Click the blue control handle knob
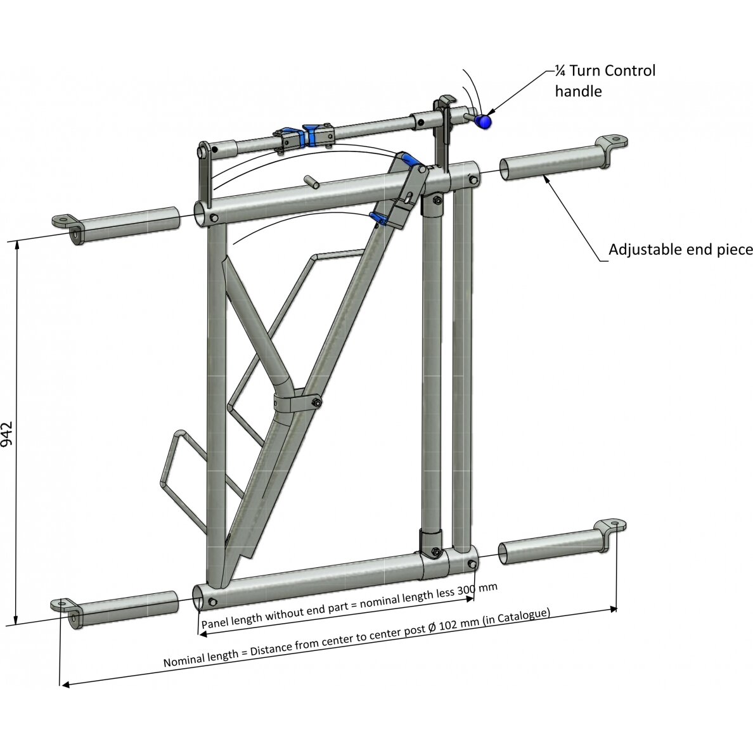pyautogui.click(x=484, y=122)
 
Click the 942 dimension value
pyautogui.click(x=7, y=434)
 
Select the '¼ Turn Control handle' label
pyautogui.click(x=605, y=80)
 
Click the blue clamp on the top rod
pyautogui.click(x=311, y=135)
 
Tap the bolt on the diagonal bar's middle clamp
pyautogui.click(x=316, y=402)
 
